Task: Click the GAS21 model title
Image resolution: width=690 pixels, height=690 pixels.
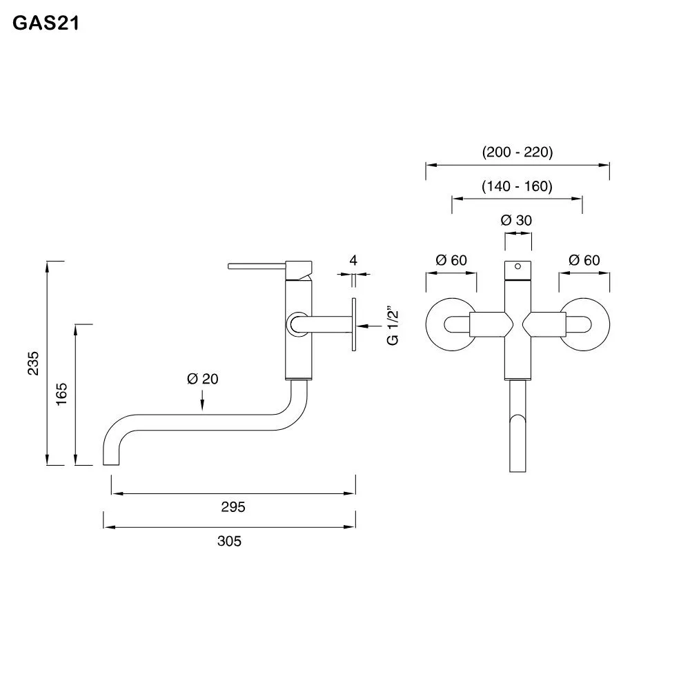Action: (x=46, y=24)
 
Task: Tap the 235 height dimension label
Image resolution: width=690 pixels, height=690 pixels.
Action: (x=33, y=363)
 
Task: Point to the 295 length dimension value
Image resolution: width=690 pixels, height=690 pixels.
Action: (x=233, y=507)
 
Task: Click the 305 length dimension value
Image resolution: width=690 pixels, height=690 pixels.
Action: (x=229, y=541)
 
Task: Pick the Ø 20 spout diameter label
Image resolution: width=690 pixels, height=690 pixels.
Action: (x=202, y=378)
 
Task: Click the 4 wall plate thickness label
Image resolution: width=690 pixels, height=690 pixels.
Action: (x=353, y=260)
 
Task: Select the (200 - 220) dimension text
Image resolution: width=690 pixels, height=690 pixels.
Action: (x=517, y=152)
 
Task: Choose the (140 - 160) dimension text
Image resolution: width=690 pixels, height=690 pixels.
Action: (x=517, y=186)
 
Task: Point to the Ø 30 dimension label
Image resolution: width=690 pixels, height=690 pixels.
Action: (x=517, y=221)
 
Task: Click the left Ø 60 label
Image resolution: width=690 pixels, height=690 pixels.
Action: (x=451, y=260)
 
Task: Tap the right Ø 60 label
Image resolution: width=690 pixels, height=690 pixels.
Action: (x=584, y=260)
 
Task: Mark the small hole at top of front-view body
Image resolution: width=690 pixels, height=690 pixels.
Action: (x=519, y=266)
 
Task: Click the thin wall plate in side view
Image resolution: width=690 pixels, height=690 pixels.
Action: (x=354, y=324)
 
